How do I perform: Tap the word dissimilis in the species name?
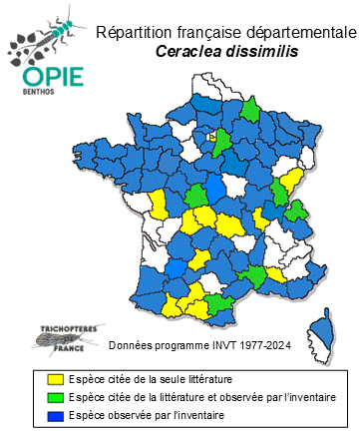click(258, 53)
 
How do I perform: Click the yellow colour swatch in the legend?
click(56, 380)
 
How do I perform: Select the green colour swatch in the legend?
click(56, 397)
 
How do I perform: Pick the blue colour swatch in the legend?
click(56, 414)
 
